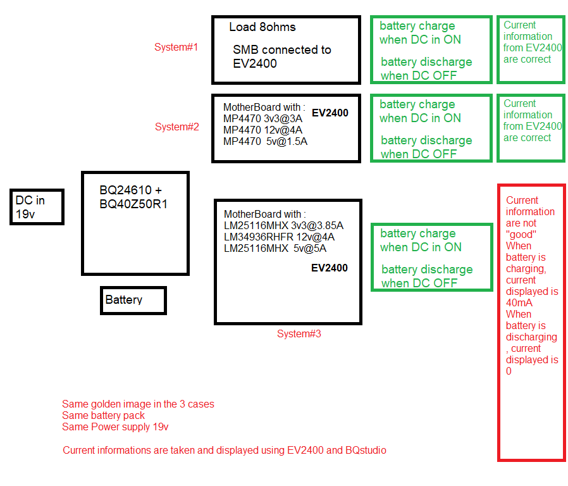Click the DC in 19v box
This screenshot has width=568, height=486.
(37, 206)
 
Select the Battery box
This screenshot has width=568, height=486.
(133, 300)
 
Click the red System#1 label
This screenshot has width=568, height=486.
(176, 47)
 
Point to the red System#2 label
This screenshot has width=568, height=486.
(177, 127)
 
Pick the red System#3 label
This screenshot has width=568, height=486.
(299, 333)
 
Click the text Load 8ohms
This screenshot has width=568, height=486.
(262, 27)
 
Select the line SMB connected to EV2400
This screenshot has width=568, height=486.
(281, 56)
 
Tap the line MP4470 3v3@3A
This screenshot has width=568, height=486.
(262, 118)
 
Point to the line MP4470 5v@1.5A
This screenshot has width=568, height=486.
(265, 141)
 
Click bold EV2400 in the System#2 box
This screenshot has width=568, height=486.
(330, 113)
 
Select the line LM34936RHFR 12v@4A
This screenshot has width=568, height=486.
(279, 237)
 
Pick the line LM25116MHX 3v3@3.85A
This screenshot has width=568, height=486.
(283, 225)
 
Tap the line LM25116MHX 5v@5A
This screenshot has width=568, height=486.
(275, 248)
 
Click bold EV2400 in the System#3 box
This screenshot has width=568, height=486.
(330, 268)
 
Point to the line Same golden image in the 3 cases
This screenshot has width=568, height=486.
(138, 404)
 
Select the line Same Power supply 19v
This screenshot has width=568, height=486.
(115, 427)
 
